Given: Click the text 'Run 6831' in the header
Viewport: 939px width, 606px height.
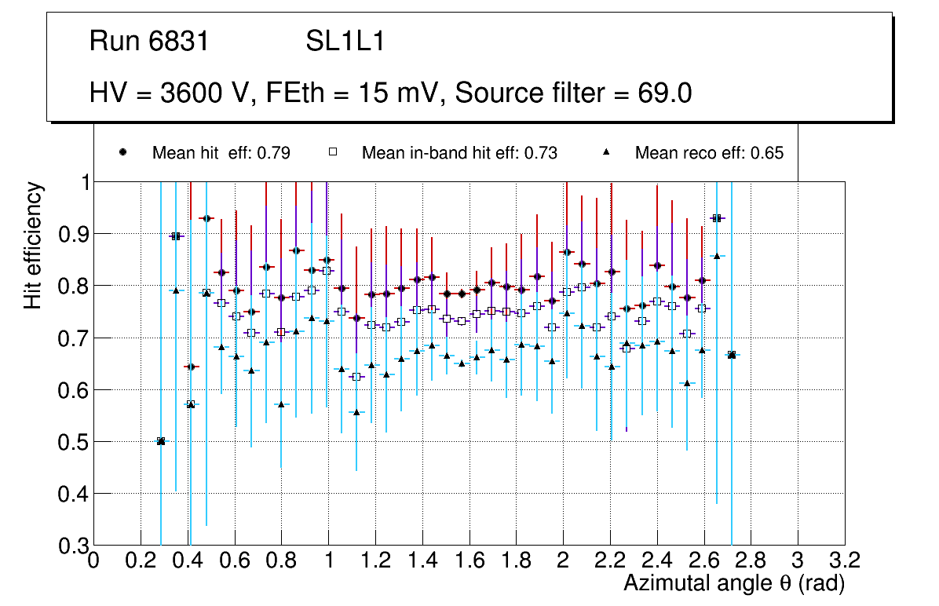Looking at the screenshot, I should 149,41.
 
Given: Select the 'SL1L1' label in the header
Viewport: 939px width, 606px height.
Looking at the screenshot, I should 345,41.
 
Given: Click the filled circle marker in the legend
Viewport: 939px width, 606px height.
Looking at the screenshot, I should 122,152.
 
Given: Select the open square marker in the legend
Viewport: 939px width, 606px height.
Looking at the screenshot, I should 332,152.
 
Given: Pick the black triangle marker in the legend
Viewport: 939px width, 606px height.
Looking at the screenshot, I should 607,152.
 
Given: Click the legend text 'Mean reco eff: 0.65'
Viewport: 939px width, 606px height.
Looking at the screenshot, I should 709,153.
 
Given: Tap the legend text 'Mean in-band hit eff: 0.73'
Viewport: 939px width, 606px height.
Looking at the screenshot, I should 459,153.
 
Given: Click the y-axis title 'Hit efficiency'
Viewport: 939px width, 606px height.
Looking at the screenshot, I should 34,245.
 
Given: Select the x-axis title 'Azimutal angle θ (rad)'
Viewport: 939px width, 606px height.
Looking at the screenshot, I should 734,583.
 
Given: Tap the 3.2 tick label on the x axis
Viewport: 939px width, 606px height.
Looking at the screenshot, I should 844,560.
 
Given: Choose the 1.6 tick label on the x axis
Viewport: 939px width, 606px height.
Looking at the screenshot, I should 469,560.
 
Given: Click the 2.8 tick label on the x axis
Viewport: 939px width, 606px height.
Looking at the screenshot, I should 751,560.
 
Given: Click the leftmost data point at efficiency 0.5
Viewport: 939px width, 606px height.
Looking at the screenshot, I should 161,441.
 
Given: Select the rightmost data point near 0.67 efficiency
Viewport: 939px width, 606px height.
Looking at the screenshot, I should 732,355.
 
